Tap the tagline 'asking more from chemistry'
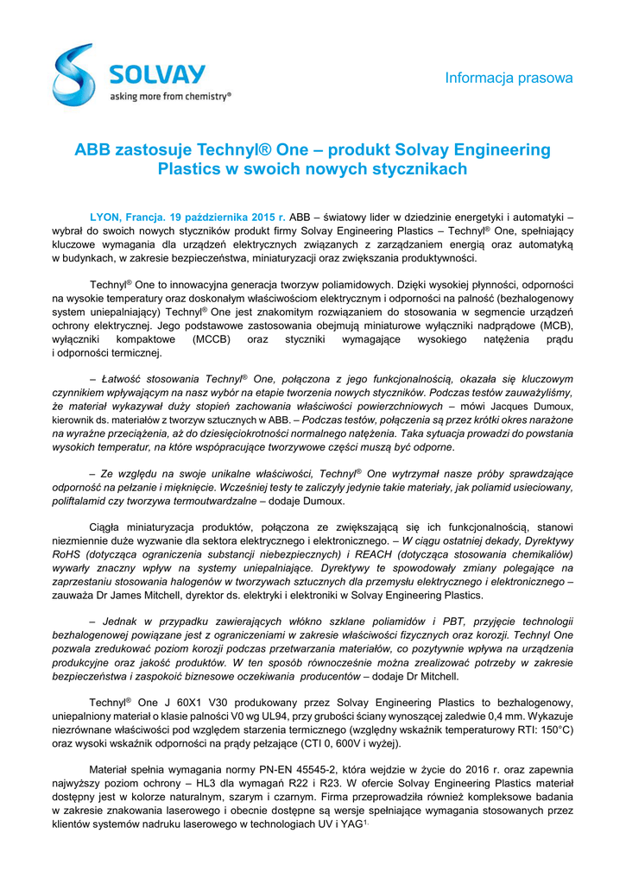(x=170, y=98)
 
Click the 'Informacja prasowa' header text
(x=509, y=79)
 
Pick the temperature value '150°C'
(x=552, y=729)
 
